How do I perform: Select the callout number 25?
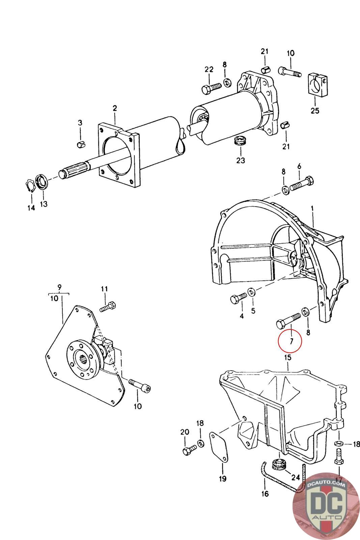pos(315,110)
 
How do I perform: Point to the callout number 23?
pos(240,160)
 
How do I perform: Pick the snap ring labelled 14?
pos(30,186)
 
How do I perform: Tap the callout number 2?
pos(115,108)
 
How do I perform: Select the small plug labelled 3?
pos(81,144)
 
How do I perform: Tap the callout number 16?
pos(265,494)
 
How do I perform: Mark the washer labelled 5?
pos(251,291)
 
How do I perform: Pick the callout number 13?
pos(44,204)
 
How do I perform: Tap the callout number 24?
pos(296,477)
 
